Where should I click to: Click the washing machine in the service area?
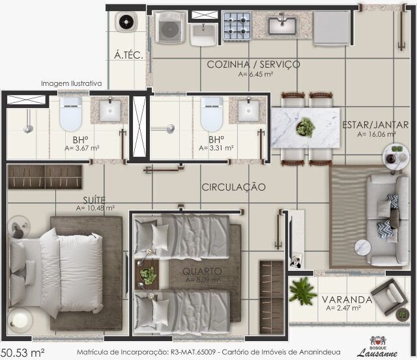click(170, 29)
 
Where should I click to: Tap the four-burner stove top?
click(237, 27)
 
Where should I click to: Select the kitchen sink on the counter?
click(283, 25)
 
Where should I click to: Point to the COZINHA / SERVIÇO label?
click(253, 64)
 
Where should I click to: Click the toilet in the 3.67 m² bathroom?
click(70, 115)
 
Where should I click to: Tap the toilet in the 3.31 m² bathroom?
click(212, 115)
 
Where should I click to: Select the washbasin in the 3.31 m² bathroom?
click(248, 111)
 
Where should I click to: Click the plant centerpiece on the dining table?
click(305, 127)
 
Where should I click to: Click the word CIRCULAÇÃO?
click(233, 187)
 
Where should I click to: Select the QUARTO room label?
click(202, 271)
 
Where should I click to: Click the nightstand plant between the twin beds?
click(148, 275)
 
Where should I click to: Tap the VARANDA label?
click(347, 300)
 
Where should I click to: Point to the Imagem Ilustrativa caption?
click(72, 84)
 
